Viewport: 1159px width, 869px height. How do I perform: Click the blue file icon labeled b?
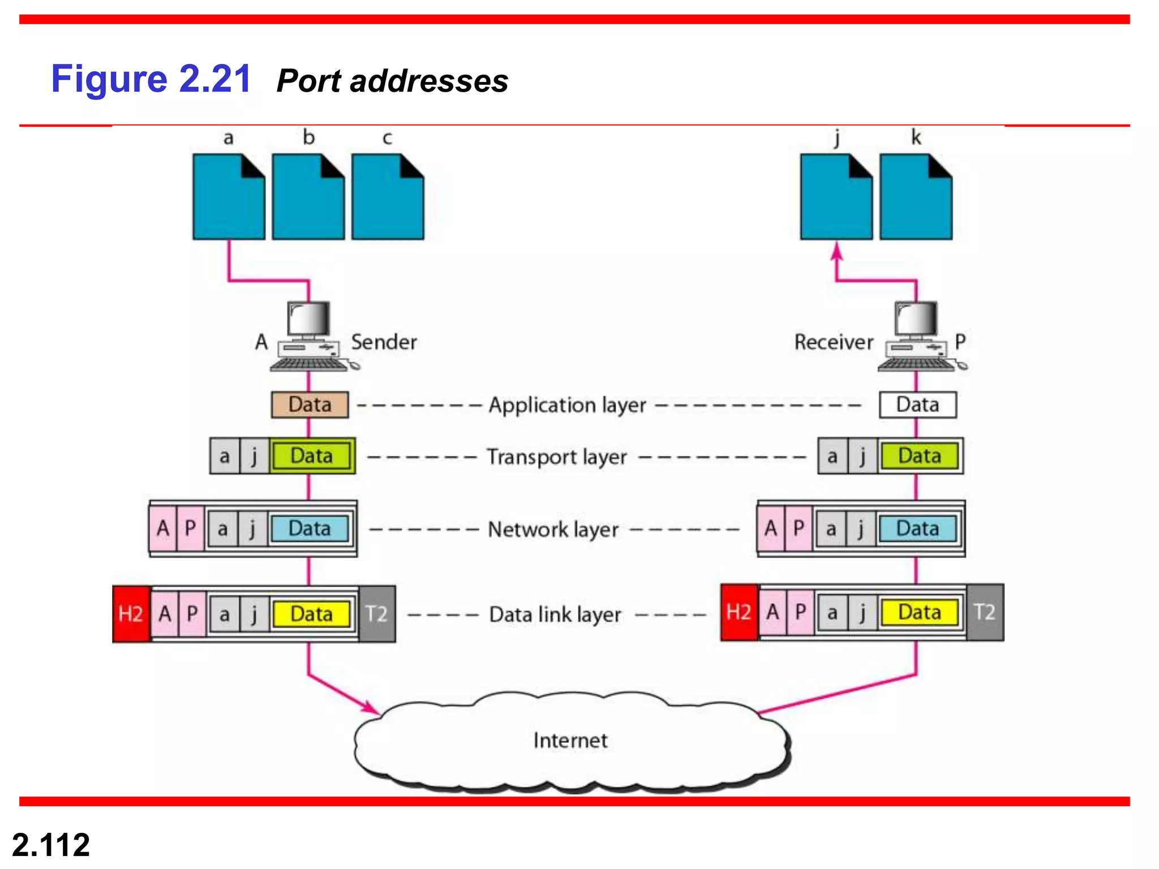tap(308, 197)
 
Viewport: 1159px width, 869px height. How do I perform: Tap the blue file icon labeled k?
tap(916, 197)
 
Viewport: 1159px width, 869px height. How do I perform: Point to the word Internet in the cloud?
tap(570, 740)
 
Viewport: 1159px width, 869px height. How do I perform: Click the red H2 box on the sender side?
tap(131, 614)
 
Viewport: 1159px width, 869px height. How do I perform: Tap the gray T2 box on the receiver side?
tap(985, 612)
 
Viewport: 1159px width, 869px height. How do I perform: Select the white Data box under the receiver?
tap(917, 405)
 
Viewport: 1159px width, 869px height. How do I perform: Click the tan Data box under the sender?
tap(310, 405)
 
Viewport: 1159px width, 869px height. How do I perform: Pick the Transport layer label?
tap(557, 457)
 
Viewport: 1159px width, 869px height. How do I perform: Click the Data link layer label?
tap(555, 614)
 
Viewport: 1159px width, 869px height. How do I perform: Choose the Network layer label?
tap(553, 530)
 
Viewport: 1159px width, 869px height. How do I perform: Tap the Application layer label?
tap(567, 405)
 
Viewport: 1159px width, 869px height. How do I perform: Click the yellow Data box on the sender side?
tap(311, 614)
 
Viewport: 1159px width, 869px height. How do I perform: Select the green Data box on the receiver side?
tap(920, 456)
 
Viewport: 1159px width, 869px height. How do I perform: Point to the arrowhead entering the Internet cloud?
tap(371, 708)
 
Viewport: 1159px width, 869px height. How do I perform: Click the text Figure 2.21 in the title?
tap(151, 79)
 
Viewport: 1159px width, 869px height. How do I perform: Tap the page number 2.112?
tap(51, 845)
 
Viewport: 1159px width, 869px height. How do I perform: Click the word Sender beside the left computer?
tap(384, 342)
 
